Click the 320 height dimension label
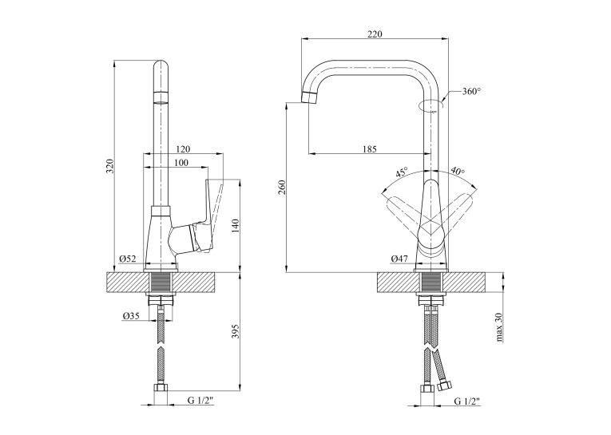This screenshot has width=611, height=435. pos(110,166)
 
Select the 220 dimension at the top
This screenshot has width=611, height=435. pos(375,34)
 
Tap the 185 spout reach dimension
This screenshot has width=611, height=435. pos(370,148)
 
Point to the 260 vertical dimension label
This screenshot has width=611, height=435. pos(283,187)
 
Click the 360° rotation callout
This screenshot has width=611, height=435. pos(471,92)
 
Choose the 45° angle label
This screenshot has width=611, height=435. pos(402,172)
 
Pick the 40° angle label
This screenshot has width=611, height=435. pos(458,171)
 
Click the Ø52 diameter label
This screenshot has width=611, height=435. pos(128,258)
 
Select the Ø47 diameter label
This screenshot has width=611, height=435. pos(399,258)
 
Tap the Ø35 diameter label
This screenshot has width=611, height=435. pos(131,316)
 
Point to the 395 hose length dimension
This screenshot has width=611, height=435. pos(236,331)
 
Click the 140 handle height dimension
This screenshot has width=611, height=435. pos(236,227)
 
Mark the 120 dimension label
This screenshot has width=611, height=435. pos(183,149)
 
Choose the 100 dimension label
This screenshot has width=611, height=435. pos(181,162)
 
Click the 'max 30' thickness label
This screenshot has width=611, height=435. pos(499,327)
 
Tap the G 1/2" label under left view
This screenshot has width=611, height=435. pos(200,401)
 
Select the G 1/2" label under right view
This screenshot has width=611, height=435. pos(467,401)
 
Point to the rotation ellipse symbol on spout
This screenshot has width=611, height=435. pos(430,105)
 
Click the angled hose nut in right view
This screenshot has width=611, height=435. pos(444,386)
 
